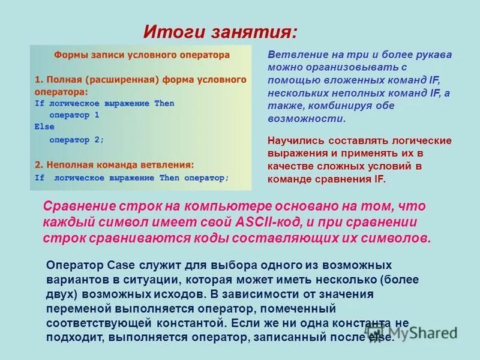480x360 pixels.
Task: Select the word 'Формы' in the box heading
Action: point(70,55)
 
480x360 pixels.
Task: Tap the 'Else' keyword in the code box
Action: point(44,127)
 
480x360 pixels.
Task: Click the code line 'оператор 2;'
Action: point(76,139)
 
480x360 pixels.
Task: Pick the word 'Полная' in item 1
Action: point(64,79)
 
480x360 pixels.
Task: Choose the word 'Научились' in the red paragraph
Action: point(294,140)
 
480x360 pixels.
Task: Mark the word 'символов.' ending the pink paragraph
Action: point(398,238)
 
